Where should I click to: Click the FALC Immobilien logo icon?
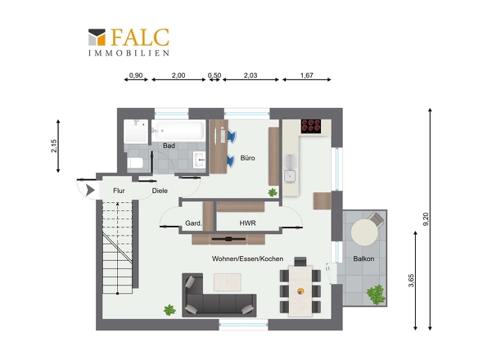click(97, 38)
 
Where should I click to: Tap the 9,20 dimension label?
click(426, 219)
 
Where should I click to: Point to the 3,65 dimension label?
click(411, 281)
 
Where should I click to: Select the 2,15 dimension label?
click(54, 146)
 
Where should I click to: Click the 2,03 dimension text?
click(251, 75)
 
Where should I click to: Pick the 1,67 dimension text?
click(307, 75)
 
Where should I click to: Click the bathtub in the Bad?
click(178, 131)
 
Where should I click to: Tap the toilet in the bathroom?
click(135, 163)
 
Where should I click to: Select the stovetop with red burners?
click(311, 126)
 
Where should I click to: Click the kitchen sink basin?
click(290, 176)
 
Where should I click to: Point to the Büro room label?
click(248, 158)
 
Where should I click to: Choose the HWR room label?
click(248, 223)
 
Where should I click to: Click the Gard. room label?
click(193, 223)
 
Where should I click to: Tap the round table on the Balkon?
click(365, 232)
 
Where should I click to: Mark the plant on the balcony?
click(376, 295)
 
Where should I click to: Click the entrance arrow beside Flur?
click(90, 190)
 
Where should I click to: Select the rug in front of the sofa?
click(228, 282)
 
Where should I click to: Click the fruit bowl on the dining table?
click(300, 290)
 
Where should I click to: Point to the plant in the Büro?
click(273, 193)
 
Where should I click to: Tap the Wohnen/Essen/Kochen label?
click(248, 259)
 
